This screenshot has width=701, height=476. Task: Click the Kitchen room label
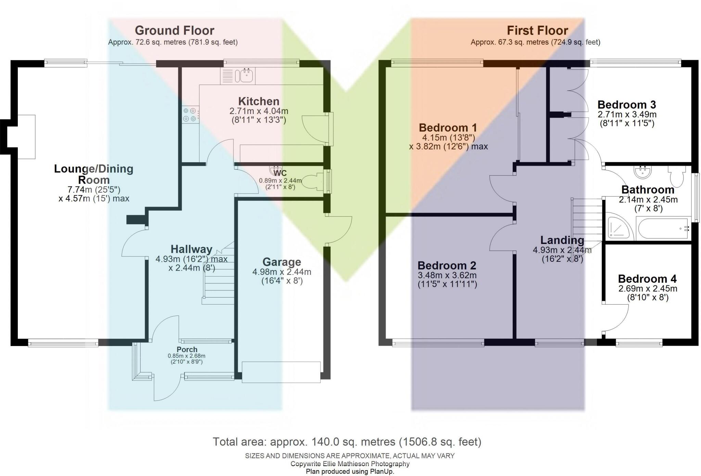pos(259,101)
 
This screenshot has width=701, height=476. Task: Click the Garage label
pos(282,262)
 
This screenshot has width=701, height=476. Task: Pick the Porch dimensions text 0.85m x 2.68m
pos(187,356)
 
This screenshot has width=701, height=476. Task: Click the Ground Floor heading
pos(174,30)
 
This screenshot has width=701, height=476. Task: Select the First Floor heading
pos(537,30)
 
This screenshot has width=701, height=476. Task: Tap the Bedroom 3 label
pos(626,104)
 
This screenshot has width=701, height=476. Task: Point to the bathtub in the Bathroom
pos(663,229)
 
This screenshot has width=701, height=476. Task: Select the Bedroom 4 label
pos(647,279)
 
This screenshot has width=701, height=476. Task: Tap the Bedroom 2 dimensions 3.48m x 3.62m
pos(447,275)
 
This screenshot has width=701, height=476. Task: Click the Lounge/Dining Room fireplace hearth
pos(26,137)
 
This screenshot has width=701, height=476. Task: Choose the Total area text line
pos(347,442)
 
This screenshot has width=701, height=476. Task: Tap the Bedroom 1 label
pos(448,128)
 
